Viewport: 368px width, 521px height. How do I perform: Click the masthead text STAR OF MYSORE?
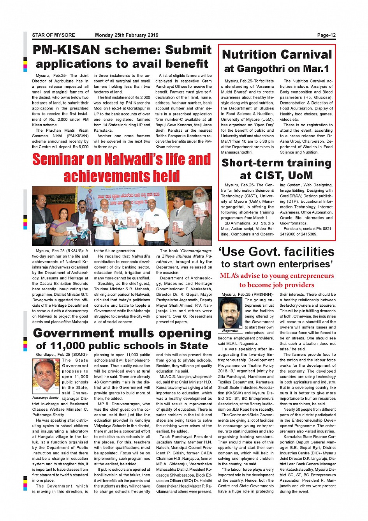pos(53,35)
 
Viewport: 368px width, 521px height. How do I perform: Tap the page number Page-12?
pos(326,35)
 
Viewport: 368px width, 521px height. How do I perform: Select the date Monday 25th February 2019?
pos(127,35)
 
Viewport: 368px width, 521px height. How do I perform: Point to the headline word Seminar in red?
pos(58,160)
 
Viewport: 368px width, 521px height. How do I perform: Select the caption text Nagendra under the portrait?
pos(230,331)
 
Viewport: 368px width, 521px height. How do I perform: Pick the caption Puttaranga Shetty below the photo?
pos(46,398)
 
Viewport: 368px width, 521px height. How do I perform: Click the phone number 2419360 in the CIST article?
pos(287,234)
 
